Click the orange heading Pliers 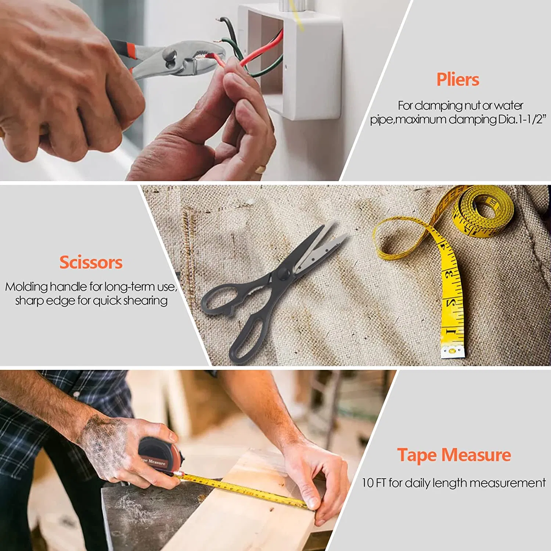click(x=458, y=80)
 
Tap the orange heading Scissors click(x=91, y=263)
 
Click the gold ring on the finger click(x=260, y=169)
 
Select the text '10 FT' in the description click(x=374, y=483)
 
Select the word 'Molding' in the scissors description click(x=26, y=287)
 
